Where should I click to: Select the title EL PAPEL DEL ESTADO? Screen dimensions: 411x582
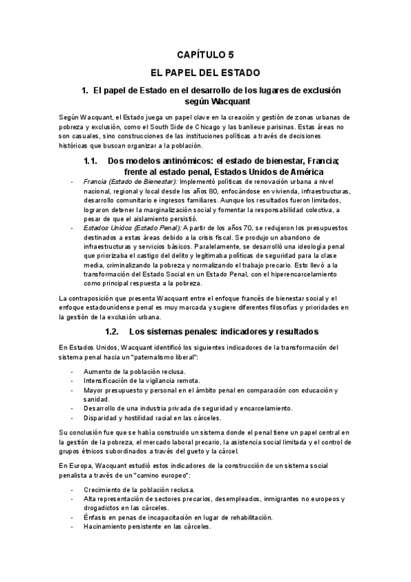point(205,71)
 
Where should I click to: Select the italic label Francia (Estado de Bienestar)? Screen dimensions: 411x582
point(120,181)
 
